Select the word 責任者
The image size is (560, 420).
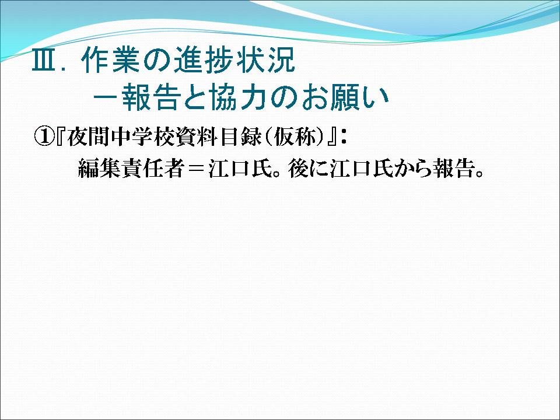pyautogui.click(x=153, y=169)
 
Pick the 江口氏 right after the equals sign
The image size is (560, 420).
pyautogui.click(x=240, y=169)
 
